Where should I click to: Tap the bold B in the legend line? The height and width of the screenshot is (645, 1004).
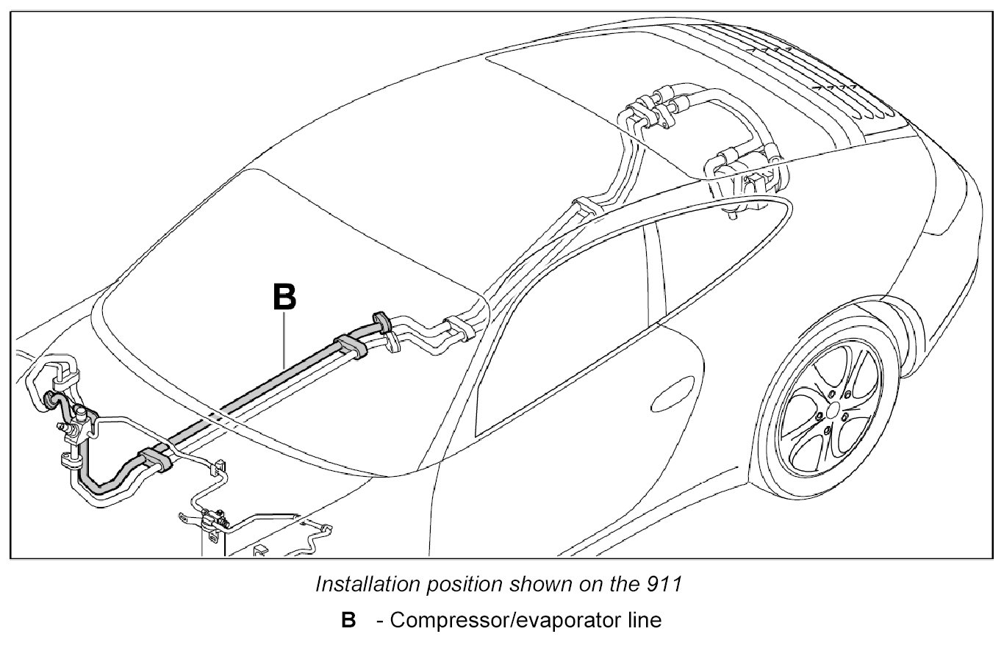pyautogui.click(x=348, y=620)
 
